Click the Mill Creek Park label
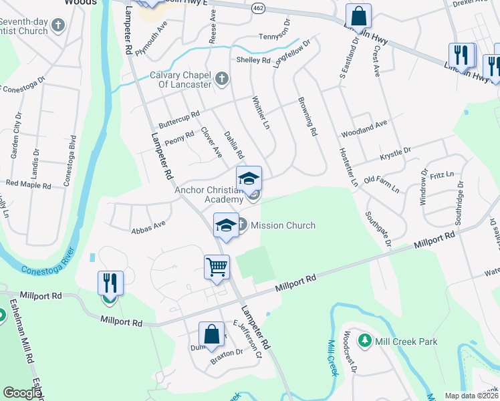coord(406,342)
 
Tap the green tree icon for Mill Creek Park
coord(365,342)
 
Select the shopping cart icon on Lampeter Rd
coord(217,267)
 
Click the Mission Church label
coord(283,225)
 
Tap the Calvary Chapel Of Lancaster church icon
coord(223,80)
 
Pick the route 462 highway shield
coord(259,8)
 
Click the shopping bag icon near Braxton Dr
coord(211,334)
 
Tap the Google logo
coord(22,394)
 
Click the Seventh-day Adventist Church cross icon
coord(58,26)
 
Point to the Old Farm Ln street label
coord(381,184)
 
